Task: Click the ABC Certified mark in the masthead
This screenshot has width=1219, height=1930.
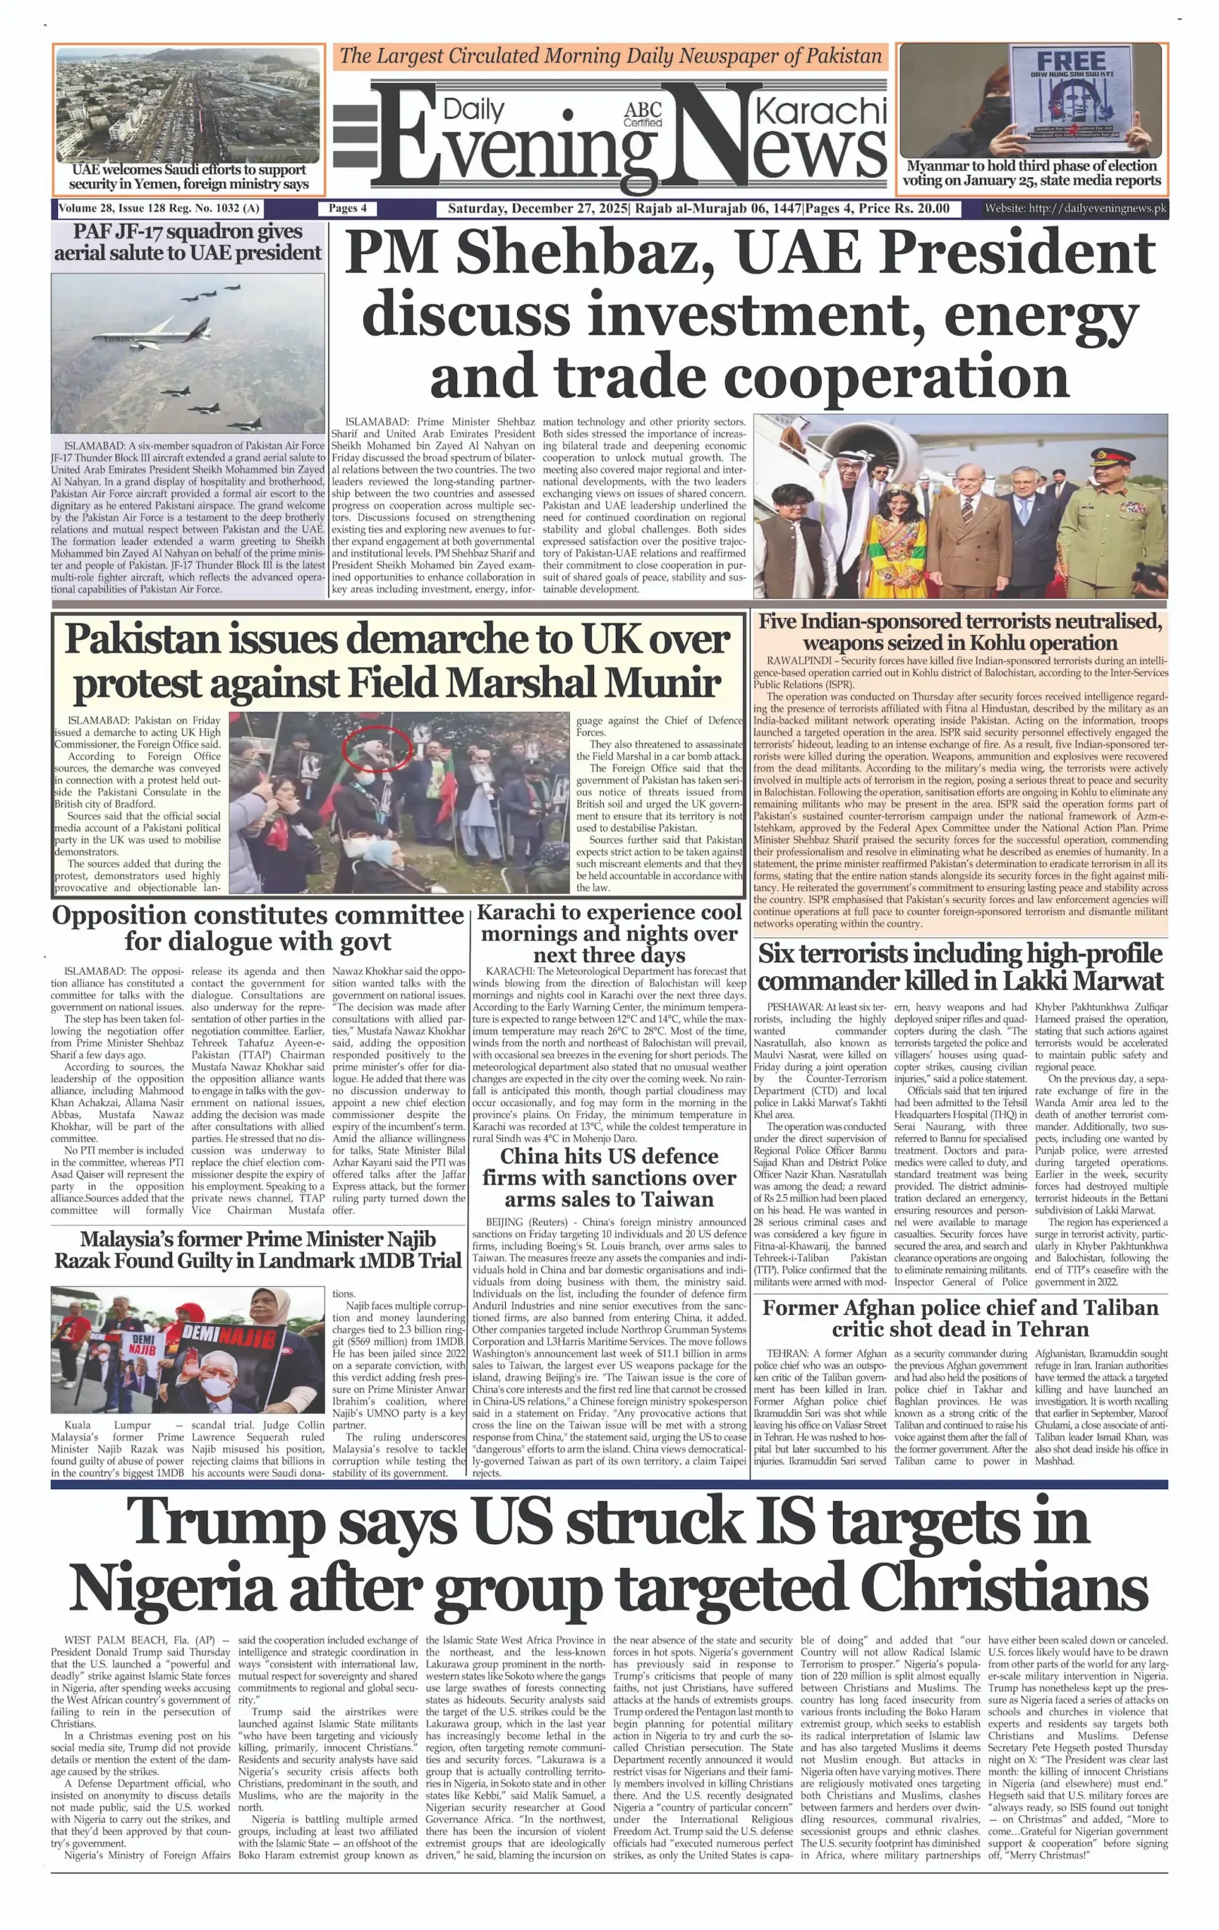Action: pyautogui.click(x=643, y=115)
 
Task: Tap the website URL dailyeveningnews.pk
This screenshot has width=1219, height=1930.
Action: pyautogui.click(x=1097, y=208)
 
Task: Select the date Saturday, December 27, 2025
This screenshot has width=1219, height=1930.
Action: pyautogui.click(x=538, y=208)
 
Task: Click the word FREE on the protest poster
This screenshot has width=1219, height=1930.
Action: pyautogui.click(x=1070, y=61)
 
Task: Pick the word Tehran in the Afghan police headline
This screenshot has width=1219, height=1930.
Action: pyautogui.click(x=1045, y=1329)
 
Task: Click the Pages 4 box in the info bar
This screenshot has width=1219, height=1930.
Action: pyautogui.click(x=347, y=208)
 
